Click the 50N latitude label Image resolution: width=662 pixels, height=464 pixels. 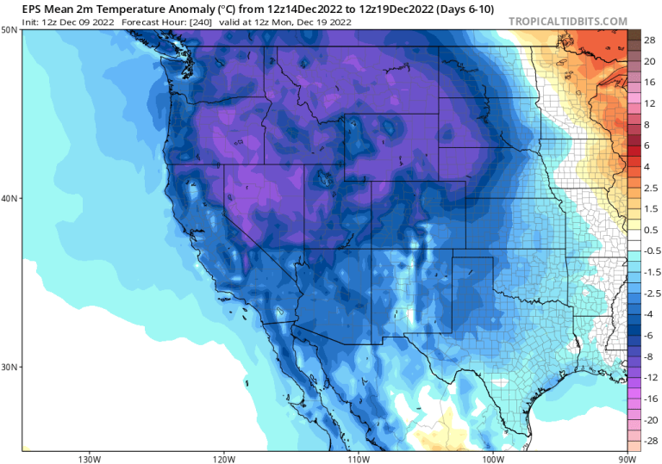coord(11,29)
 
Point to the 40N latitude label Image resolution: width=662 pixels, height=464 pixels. coord(11,198)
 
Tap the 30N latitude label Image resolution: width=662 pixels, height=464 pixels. coord(11,367)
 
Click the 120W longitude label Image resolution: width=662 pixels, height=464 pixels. coord(223,458)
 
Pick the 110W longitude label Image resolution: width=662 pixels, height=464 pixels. coord(358,458)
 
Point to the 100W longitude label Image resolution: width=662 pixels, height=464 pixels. coord(492,458)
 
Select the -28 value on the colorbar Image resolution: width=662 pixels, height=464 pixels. coord(650,440)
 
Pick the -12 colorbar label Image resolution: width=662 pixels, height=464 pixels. coord(650,376)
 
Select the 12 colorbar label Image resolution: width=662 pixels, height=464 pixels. coord(648,102)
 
